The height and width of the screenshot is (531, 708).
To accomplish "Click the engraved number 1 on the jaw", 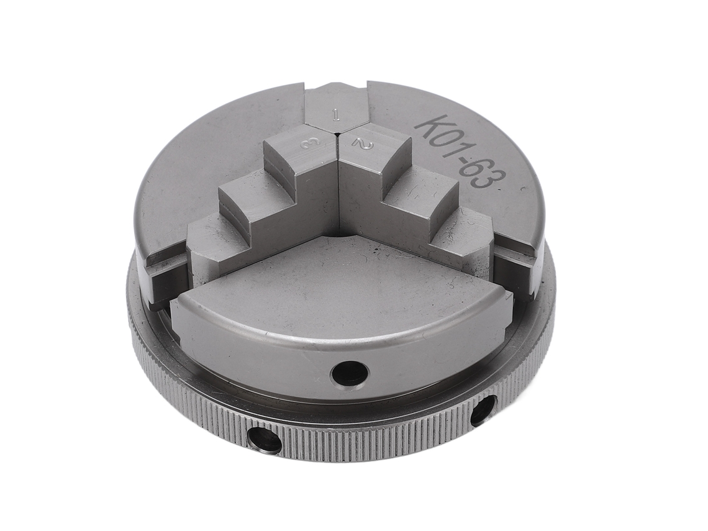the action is coord(335,115).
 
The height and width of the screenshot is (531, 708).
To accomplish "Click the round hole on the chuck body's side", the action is coord(350,373).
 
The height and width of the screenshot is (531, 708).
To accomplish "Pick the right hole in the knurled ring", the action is coord(483,410).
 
